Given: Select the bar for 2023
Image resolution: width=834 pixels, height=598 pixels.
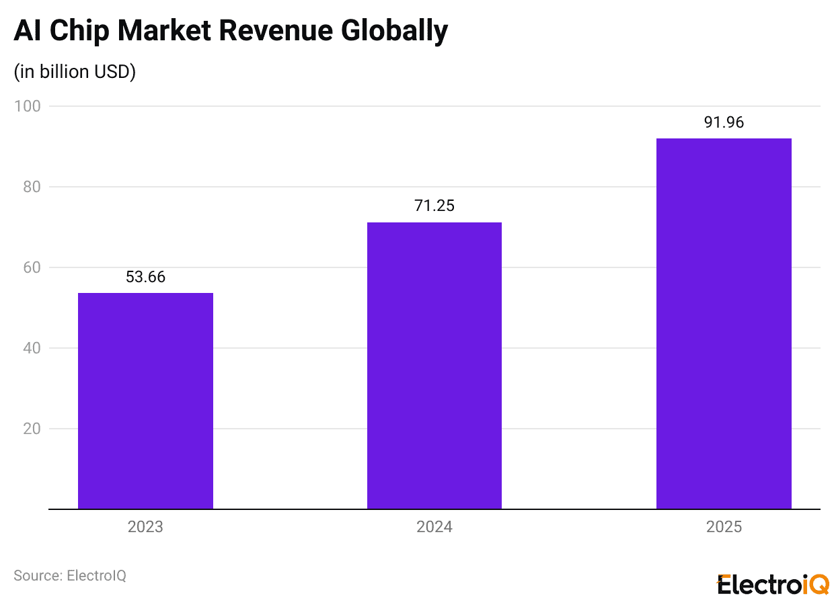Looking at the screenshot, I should tap(145, 401).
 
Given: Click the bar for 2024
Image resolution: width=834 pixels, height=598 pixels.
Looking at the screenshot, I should tap(434, 366).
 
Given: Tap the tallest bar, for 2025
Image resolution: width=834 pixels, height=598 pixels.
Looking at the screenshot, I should tap(724, 324).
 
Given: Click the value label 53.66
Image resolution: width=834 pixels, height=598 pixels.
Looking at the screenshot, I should tap(145, 277).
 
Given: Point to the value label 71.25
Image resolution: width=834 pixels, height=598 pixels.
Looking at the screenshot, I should tap(434, 206).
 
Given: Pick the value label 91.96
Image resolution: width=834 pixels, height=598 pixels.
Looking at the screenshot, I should tap(724, 122).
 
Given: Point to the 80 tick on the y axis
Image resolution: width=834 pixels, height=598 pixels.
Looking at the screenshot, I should tap(31, 187).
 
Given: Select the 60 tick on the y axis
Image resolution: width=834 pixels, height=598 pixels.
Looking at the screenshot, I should tap(31, 267).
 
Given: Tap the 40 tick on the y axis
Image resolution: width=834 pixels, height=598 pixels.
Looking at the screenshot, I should tap(31, 348).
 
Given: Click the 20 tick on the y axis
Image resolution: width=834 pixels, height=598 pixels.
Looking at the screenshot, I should tap(31, 429).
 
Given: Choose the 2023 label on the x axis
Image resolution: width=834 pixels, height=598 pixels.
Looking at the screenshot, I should tap(145, 527).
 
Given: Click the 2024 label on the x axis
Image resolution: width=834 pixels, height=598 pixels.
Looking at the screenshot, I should tap(434, 527).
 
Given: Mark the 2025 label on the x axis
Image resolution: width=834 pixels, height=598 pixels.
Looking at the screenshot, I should tap(724, 527).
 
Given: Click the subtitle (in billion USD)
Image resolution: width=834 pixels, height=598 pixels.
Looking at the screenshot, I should tap(75, 72).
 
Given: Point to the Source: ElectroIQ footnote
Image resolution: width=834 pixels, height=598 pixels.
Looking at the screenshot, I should tap(70, 576).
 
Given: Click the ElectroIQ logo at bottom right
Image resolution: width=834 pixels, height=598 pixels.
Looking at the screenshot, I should tap(773, 584).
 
